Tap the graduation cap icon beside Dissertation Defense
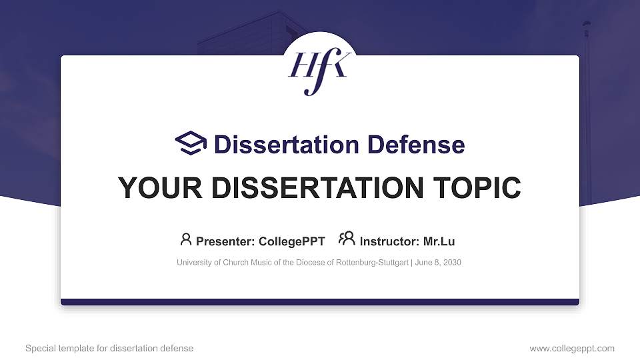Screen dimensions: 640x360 191,143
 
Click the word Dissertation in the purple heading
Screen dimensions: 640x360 287,145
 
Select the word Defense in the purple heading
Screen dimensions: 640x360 416,145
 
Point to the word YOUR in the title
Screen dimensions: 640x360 160,188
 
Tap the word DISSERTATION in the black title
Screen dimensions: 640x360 317,188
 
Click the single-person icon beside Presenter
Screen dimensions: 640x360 186,239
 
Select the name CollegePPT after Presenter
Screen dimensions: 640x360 292,241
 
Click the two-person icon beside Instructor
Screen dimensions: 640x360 347,239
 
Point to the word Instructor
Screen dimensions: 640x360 389,241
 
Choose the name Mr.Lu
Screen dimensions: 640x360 439,241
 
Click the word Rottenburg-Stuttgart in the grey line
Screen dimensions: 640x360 372,263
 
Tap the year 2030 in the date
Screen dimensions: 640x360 452,263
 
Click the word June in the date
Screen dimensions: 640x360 423,263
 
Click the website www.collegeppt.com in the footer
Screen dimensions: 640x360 572,349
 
